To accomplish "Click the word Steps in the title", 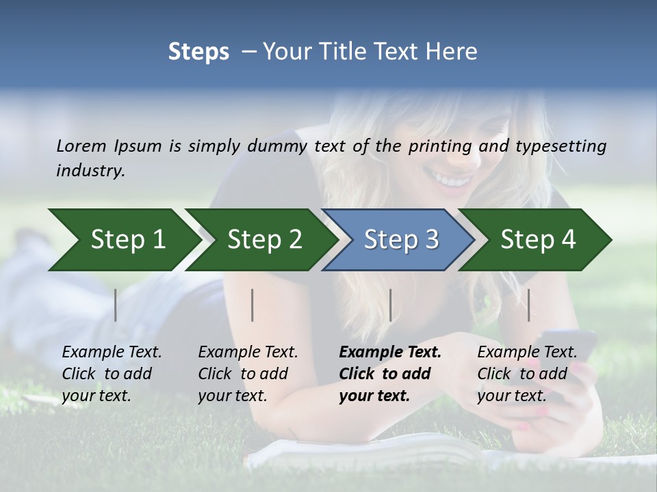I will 198,52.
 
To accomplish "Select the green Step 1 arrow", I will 123,240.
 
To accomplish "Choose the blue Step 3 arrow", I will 399,240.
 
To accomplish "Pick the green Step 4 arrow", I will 536,240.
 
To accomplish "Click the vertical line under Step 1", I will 116,305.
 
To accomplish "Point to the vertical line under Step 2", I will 253,305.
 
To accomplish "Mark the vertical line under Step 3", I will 390,305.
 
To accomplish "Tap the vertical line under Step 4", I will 528,305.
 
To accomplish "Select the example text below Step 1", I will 111,374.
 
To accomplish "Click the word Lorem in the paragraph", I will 81,146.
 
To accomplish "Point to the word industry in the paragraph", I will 90,171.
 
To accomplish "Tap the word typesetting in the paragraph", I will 561,146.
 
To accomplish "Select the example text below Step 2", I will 247,374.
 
